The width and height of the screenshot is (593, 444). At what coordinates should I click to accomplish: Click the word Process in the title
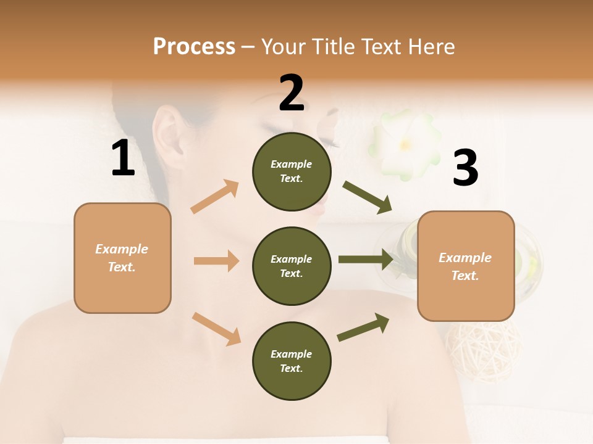pyautogui.click(x=194, y=47)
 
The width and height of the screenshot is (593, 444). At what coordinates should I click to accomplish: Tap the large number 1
pyautogui.click(x=123, y=158)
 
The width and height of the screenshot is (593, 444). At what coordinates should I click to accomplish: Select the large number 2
pyautogui.click(x=292, y=93)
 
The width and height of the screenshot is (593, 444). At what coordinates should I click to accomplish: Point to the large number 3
pyautogui.click(x=465, y=168)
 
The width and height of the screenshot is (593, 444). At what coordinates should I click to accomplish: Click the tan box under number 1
pyautogui.click(x=122, y=258)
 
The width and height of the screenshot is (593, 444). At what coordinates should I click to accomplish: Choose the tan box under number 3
pyautogui.click(x=466, y=266)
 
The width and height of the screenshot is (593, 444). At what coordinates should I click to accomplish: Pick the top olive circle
pyautogui.click(x=292, y=171)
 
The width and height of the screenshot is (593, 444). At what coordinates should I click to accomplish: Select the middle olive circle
pyautogui.click(x=292, y=266)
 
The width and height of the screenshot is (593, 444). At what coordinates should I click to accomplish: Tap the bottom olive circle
pyautogui.click(x=292, y=361)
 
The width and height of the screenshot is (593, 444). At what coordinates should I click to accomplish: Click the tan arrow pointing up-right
pyautogui.click(x=215, y=197)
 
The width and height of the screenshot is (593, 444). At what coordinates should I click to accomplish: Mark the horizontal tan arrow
pyautogui.click(x=216, y=261)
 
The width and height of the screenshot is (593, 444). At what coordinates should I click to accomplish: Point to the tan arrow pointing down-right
pyautogui.click(x=216, y=328)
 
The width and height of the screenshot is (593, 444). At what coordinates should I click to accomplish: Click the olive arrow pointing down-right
pyautogui.click(x=368, y=197)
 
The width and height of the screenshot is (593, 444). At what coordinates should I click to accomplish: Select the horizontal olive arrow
pyautogui.click(x=366, y=260)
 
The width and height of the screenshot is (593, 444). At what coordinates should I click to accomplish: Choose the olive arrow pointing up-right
pyautogui.click(x=364, y=327)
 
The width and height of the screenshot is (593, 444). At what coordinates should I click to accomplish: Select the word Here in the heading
pyautogui.click(x=432, y=47)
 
